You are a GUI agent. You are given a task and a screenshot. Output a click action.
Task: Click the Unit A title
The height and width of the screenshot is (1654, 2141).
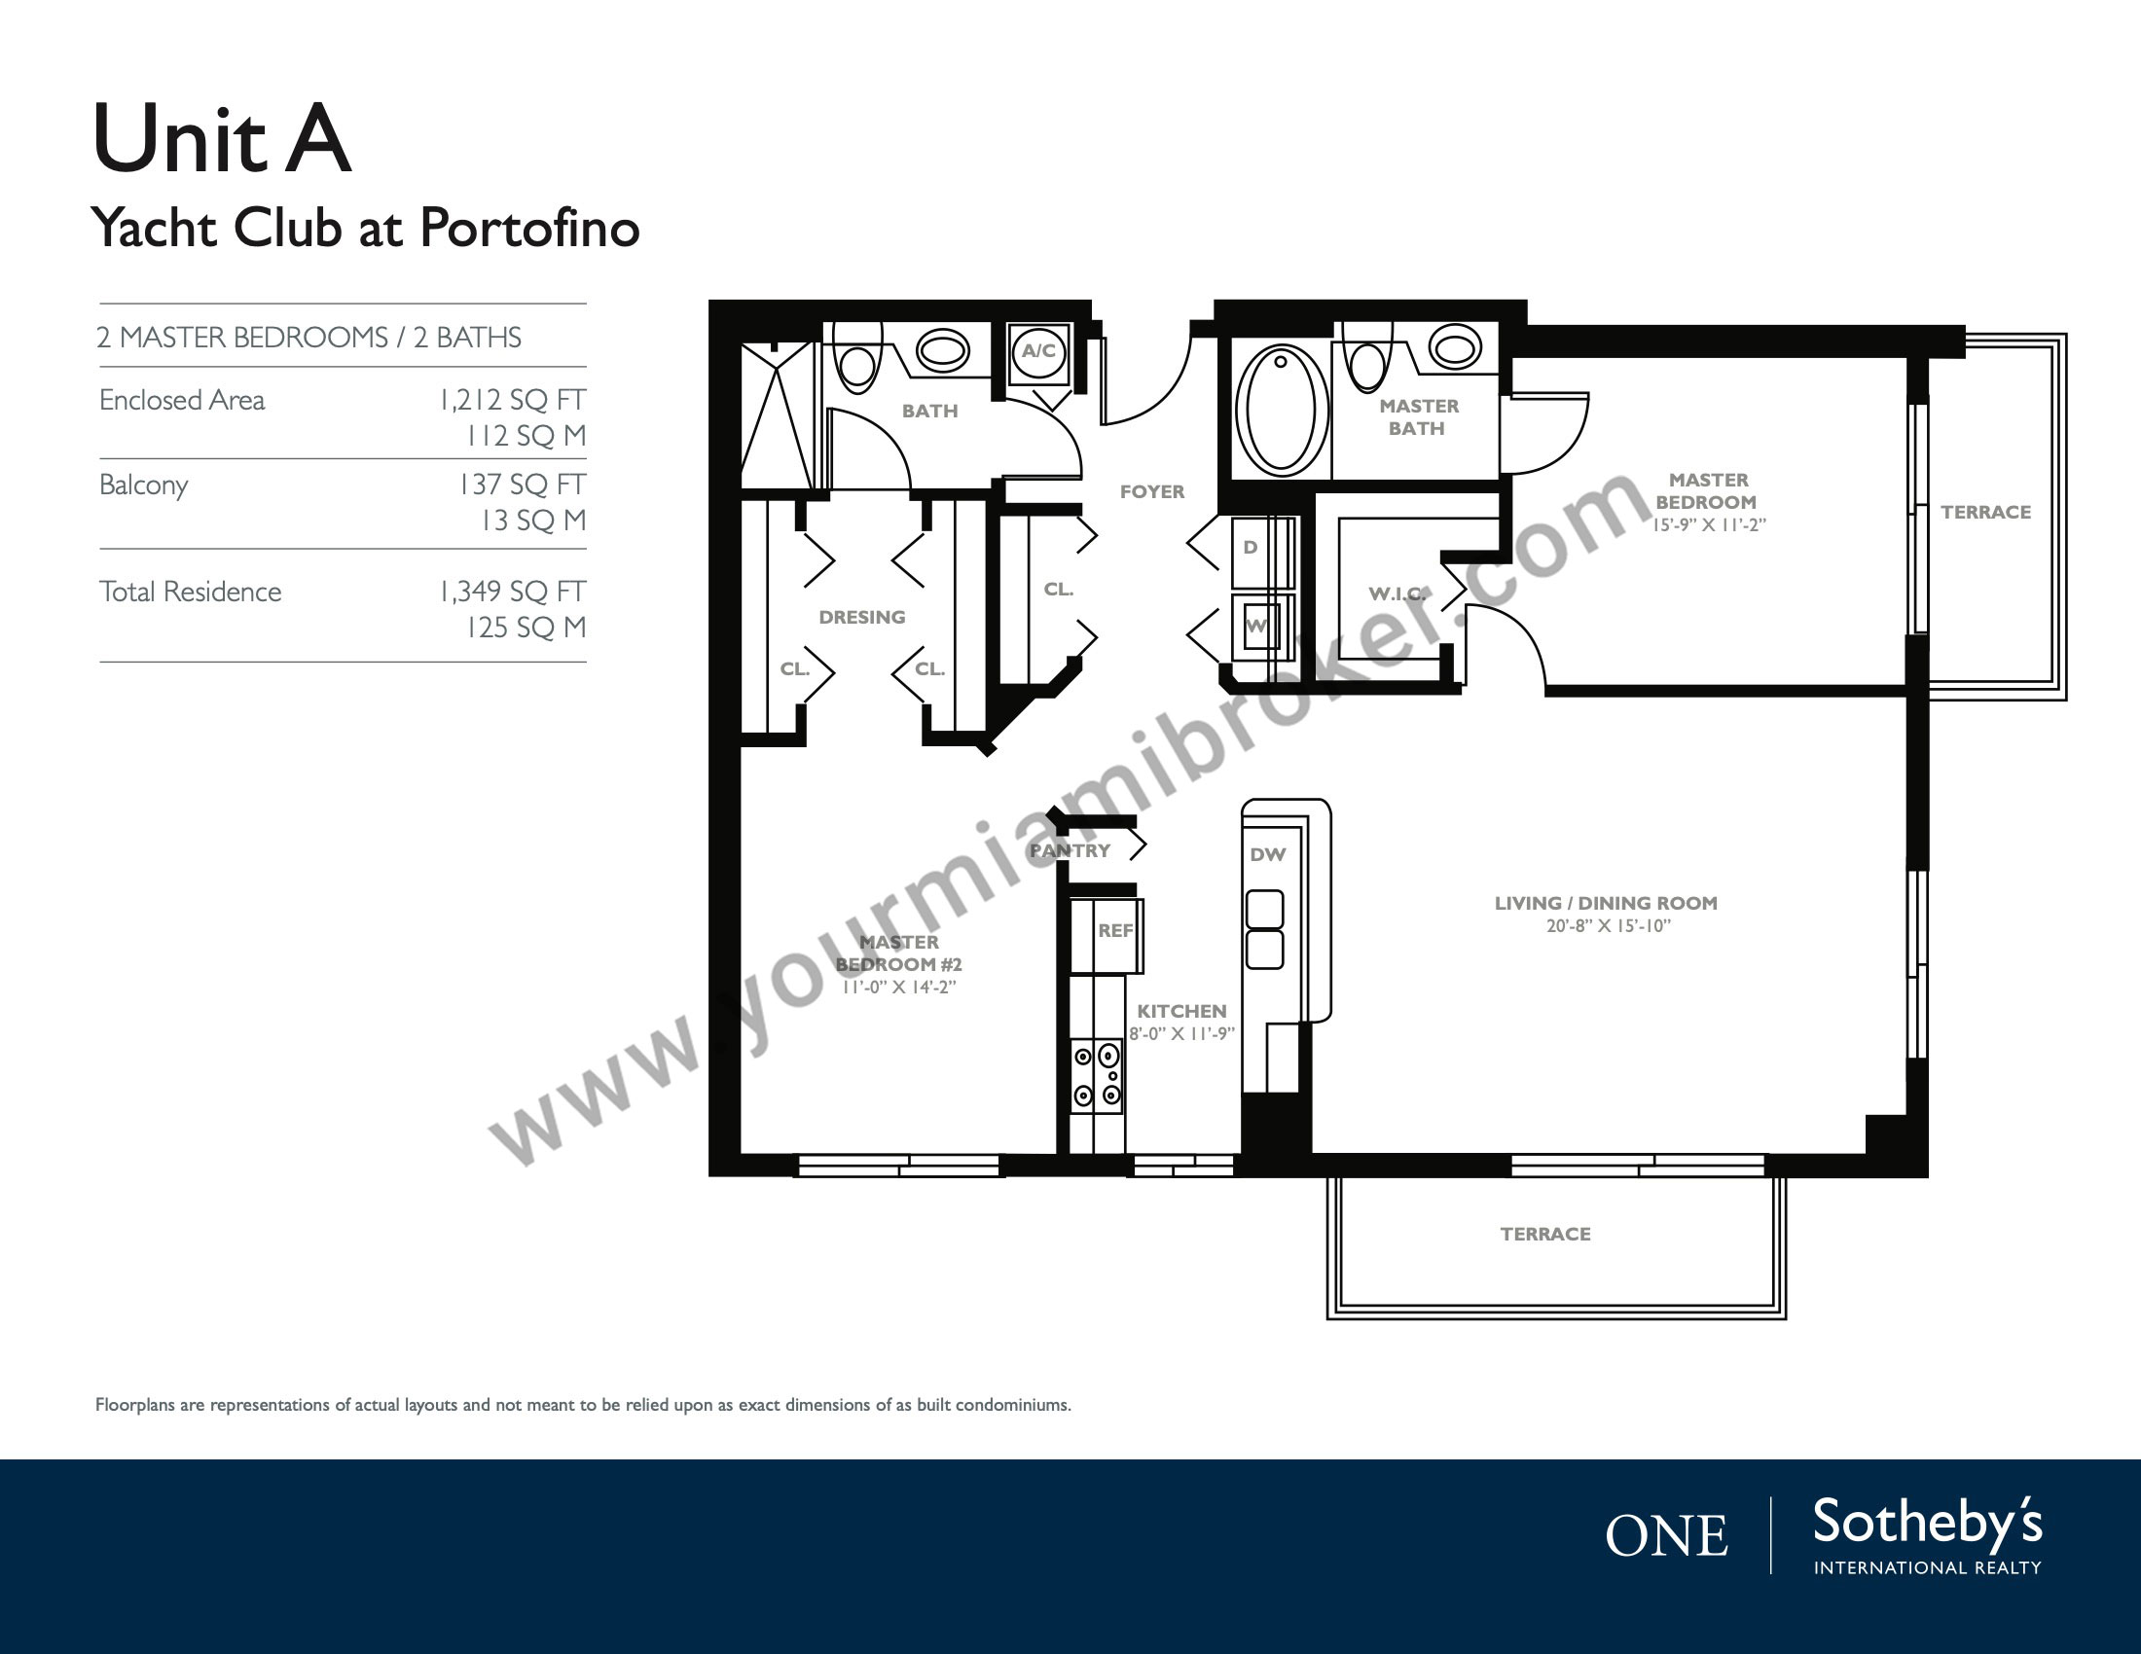tap(222, 139)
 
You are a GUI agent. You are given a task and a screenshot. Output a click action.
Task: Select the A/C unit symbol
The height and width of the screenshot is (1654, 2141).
tap(1038, 350)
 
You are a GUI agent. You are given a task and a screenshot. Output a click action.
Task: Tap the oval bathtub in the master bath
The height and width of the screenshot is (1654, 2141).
tap(1281, 409)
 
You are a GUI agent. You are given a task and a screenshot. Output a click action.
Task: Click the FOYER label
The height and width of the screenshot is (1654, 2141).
tap(1152, 492)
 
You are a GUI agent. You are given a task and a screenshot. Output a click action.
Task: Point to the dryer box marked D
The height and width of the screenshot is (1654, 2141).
tap(1258, 551)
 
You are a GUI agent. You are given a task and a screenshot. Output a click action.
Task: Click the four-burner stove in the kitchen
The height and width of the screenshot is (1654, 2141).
tap(1097, 1074)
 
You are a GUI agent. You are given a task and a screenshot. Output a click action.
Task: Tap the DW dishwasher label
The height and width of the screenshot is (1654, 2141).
tap(1267, 854)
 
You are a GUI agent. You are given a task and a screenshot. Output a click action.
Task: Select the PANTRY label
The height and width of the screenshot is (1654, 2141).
tap(1070, 850)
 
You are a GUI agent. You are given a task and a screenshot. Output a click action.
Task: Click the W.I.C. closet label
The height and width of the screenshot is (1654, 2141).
tap(1397, 593)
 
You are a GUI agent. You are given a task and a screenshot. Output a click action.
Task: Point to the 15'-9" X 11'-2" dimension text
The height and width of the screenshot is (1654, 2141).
tap(1710, 524)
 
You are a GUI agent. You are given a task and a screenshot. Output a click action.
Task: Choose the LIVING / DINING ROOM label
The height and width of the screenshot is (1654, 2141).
tap(1606, 904)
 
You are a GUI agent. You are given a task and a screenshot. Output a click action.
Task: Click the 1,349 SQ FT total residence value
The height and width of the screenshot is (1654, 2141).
tap(512, 592)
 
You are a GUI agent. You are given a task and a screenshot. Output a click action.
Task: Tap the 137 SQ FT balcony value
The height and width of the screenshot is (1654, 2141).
tap(522, 485)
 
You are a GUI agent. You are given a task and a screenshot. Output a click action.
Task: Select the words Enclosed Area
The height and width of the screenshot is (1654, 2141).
tap(182, 401)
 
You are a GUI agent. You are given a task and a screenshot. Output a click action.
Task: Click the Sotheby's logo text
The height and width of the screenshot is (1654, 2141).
tap(1927, 1524)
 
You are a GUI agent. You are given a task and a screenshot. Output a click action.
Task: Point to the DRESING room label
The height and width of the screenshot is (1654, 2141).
tap(861, 617)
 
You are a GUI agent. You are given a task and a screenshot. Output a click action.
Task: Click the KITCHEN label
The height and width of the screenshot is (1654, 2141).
tap(1181, 1011)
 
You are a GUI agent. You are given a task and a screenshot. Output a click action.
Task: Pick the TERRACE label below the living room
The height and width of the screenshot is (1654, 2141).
tap(1545, 1235)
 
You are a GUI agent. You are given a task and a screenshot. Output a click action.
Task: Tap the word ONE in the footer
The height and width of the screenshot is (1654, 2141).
tap(1666, 1535)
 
